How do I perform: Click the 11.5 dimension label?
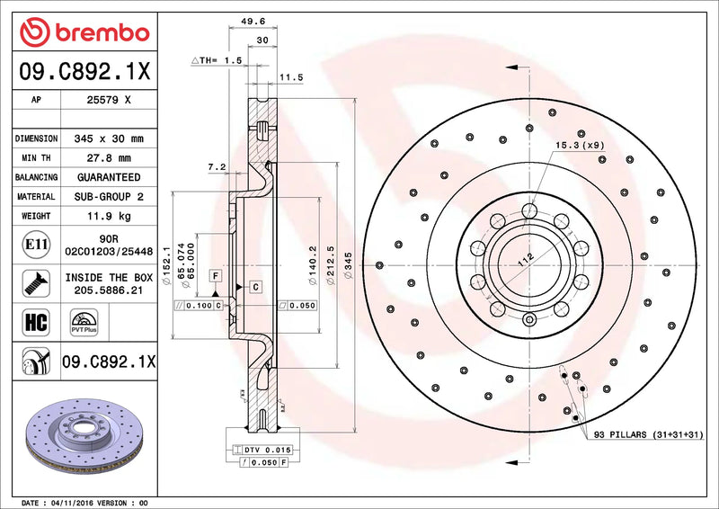(290, 78)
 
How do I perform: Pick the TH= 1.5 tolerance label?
(217, 59)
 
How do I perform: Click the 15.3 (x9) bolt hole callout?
(580, 145)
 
